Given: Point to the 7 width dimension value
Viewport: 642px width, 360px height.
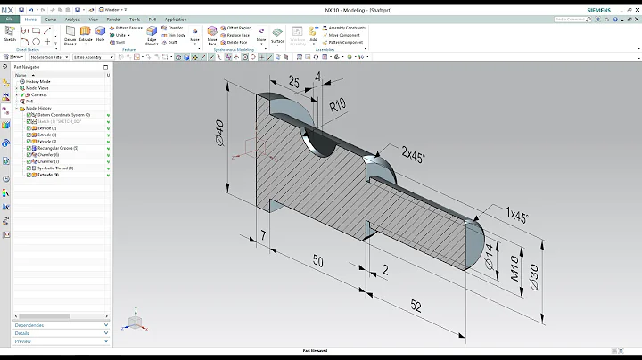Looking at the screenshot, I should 264,234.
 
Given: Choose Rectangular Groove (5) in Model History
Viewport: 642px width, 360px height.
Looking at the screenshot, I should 58,148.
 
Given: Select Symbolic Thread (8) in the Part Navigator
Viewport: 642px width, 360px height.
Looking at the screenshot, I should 55,168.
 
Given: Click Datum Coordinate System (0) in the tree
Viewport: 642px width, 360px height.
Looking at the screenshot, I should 63,115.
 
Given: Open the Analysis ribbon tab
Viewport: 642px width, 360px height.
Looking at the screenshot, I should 72,18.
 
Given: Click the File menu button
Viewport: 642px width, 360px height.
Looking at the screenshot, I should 8,18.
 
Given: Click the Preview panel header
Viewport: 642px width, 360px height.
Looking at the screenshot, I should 23,341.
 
